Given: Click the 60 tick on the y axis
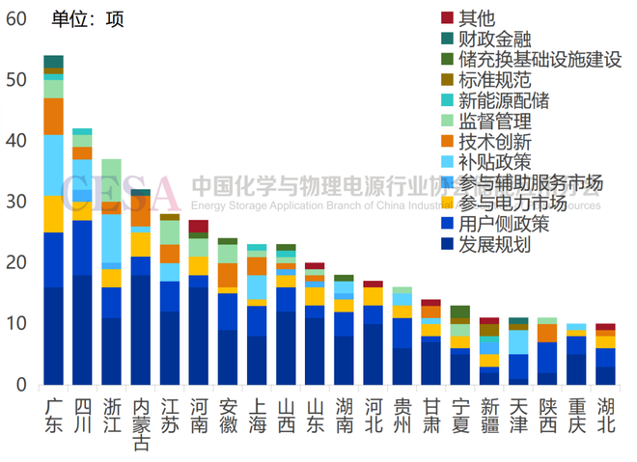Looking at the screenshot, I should [x=15, y=17].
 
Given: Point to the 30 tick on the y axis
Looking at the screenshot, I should [x=15, y=202].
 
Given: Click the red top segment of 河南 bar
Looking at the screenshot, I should [x=198, y=226].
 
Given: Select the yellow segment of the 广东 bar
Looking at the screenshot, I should [x=53, y=214].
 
